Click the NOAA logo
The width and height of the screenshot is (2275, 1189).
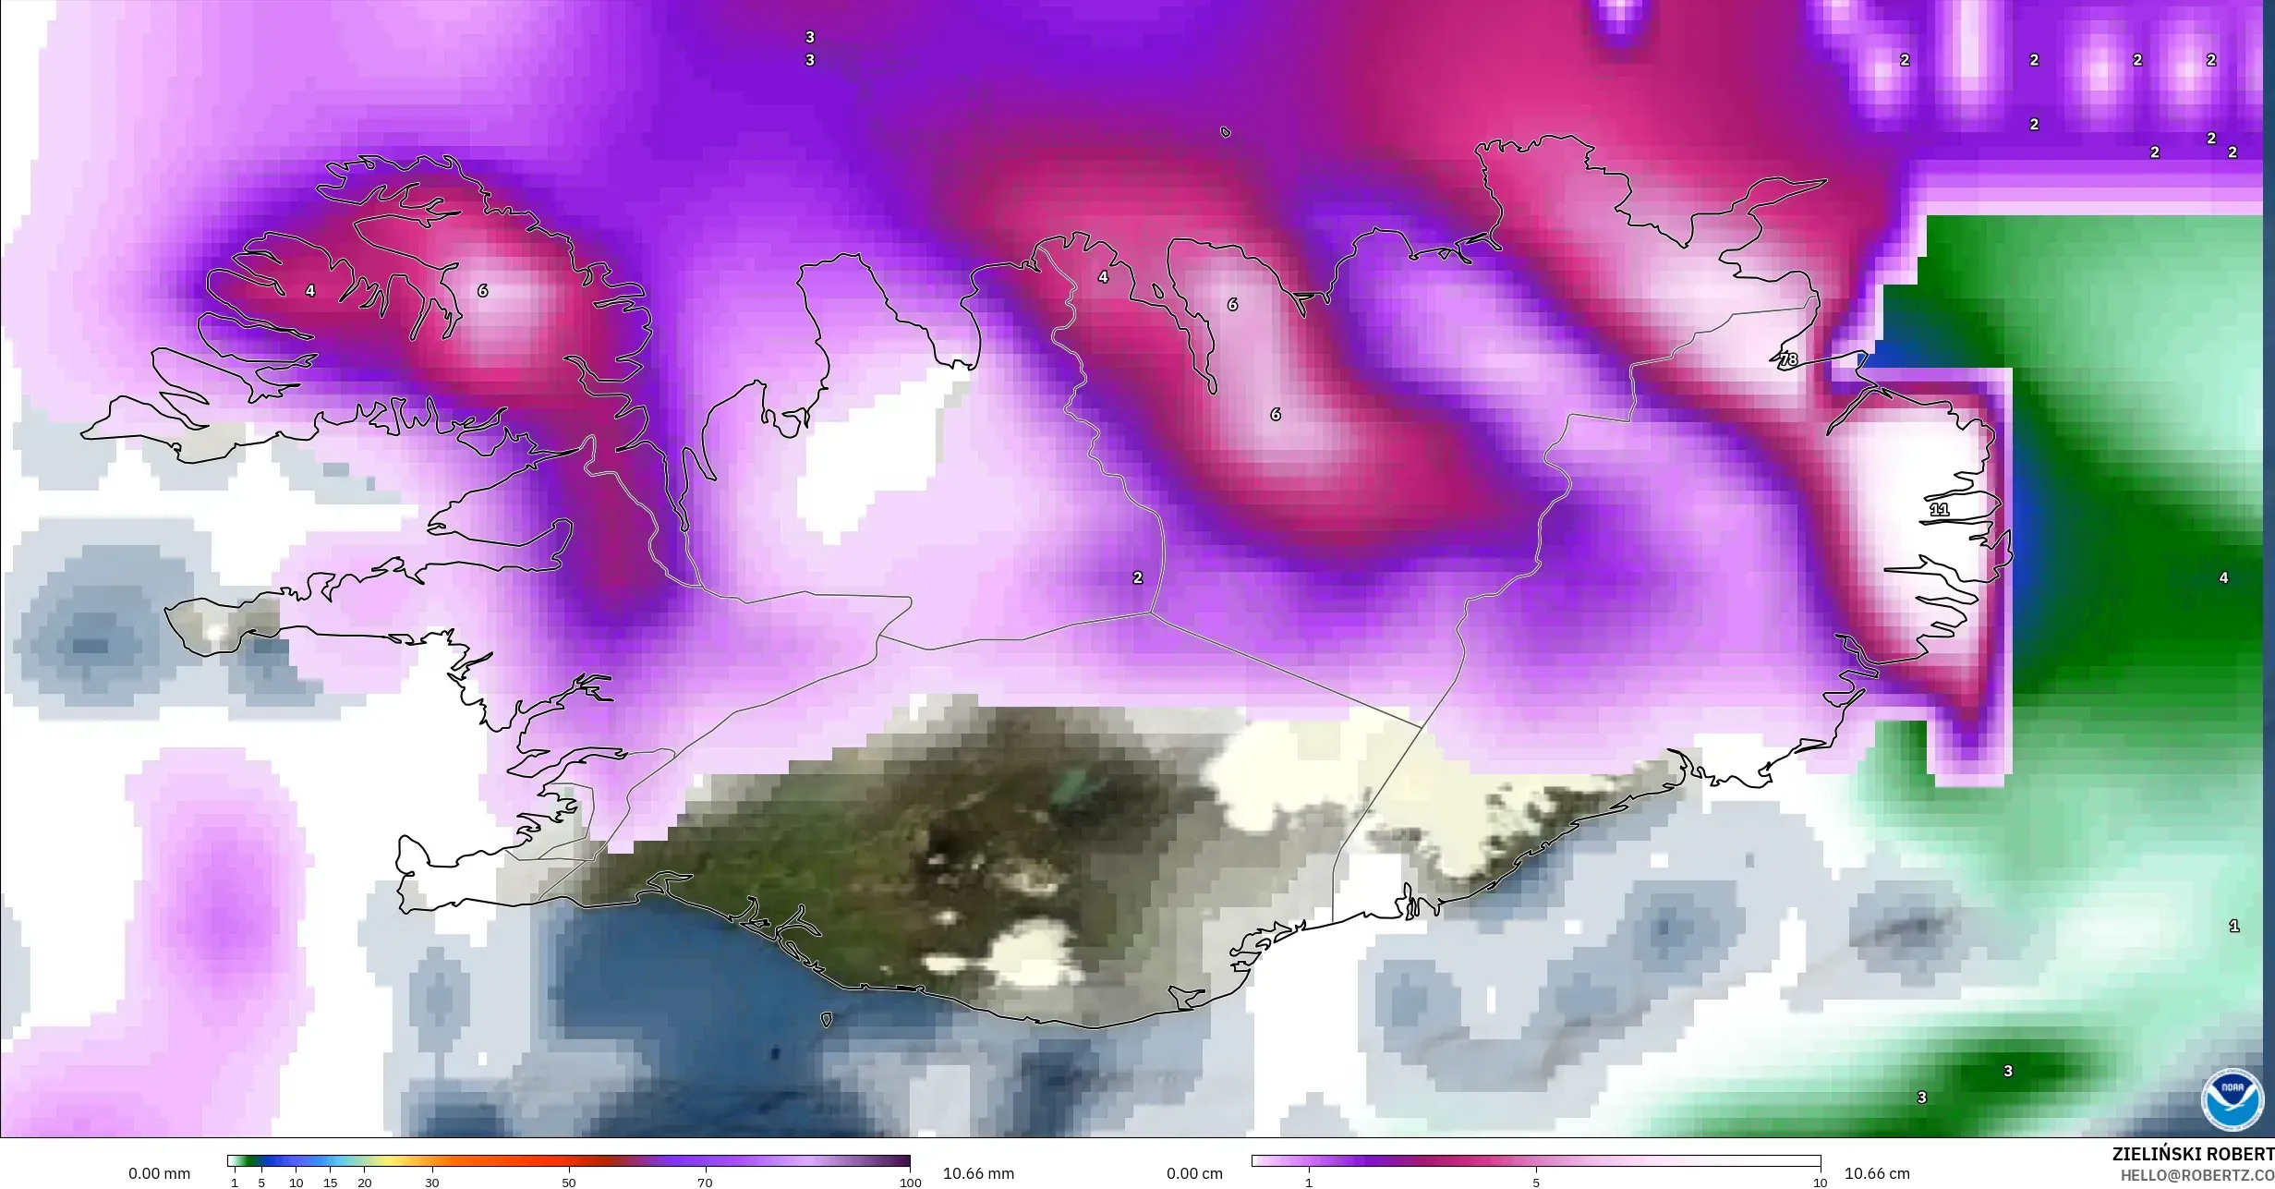pyautogui.click(x=2233, y=1098)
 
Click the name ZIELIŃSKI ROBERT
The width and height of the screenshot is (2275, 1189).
pyautogui.click(x=2193, y=1154)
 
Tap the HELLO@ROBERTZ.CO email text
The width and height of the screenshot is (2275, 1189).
pyautogui.click(x=2196, y=1175)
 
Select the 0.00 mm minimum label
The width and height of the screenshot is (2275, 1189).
pyautogui.click(x=159, y=1173)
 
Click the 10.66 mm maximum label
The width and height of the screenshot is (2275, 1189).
pyautogui.click(x=978, y=1173)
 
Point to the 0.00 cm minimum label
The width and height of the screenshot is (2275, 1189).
pyautogui.click(x=1194, y=1173)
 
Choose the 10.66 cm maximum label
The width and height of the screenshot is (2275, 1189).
pyautogui.click(x=1877, y=1173)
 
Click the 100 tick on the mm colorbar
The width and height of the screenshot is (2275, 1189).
pyautogui.click(x=910, y=1183)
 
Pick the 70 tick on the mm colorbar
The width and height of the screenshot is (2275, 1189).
pyautogui.click(x=705, y=1183)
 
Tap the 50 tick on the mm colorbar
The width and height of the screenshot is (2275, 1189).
pyautogui.click(x=568, y=1183)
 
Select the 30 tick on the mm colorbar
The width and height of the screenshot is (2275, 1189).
pyautogui.click(x=431, y=1183)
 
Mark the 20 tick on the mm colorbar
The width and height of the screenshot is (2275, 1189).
pyautogui.click(x=364, y=1183)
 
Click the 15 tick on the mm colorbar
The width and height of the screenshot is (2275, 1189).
pyautogui.click(x=330, y=1183)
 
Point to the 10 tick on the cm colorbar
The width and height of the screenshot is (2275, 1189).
pyautogui.click(x=1819, y=1183)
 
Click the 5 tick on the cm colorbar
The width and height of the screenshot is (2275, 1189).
pyautogui.click(x=1536, y=1183)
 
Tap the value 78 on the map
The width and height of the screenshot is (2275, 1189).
pyautogui.click(x=1788, y=359)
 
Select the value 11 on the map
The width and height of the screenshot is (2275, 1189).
pyautogui.click(x=1939, y=509)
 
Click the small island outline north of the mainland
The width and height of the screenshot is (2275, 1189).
pyautogui.click(x=1225, y=132)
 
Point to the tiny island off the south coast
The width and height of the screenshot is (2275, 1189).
pyautogui.click(x=826, y=1020)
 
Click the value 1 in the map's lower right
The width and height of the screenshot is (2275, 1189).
pyautogui.click(x=2233, y=926)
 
